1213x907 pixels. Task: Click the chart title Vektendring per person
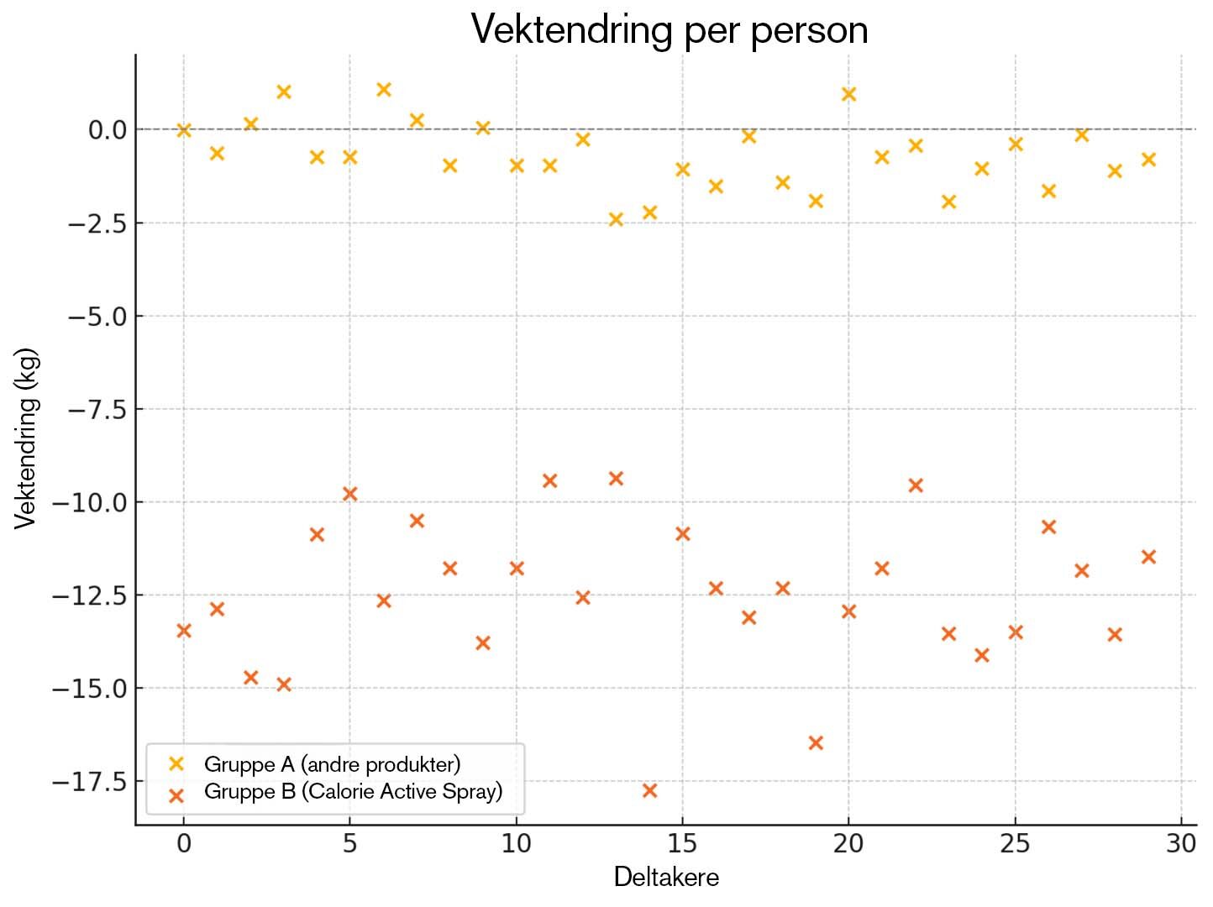point(669,30)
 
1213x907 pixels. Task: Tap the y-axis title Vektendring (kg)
point(26,438)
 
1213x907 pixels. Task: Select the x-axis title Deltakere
point(666,877)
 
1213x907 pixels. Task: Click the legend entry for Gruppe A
point(332,764)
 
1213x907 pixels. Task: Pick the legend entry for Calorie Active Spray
point(353,791)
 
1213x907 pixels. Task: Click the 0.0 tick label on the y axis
point(107,130)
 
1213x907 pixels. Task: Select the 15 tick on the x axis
point(682,843)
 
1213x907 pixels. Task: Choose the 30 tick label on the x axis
point(1181,843)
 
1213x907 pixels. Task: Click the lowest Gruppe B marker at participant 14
point(649,790)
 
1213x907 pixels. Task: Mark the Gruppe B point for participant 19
point(815,742)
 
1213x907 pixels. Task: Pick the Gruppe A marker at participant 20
point(848,94)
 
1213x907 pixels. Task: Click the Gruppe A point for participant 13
point(616,219)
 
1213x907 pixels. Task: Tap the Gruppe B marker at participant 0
point(184,630)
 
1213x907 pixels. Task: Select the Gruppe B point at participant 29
point(1148,557)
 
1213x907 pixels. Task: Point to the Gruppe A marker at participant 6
point(384,90)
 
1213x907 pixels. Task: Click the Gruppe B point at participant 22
point(916,485)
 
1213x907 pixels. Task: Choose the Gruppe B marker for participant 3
point(284,684)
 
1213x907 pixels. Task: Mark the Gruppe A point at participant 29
point(1148,160)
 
